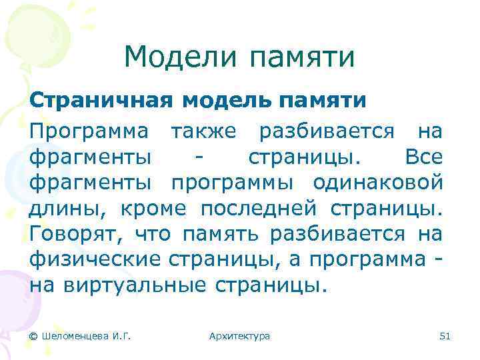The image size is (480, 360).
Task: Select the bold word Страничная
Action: click(x=101, y=101)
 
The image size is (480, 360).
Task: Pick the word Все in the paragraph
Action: click(x=423, y=159)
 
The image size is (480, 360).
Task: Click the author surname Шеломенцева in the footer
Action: click(x=74, y=336)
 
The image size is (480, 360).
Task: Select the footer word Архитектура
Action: click(x=239, y=336)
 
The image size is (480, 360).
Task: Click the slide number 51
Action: click(x=445, y=336)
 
